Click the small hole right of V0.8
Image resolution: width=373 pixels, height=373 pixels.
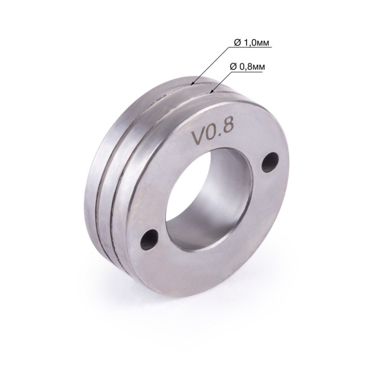269,163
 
